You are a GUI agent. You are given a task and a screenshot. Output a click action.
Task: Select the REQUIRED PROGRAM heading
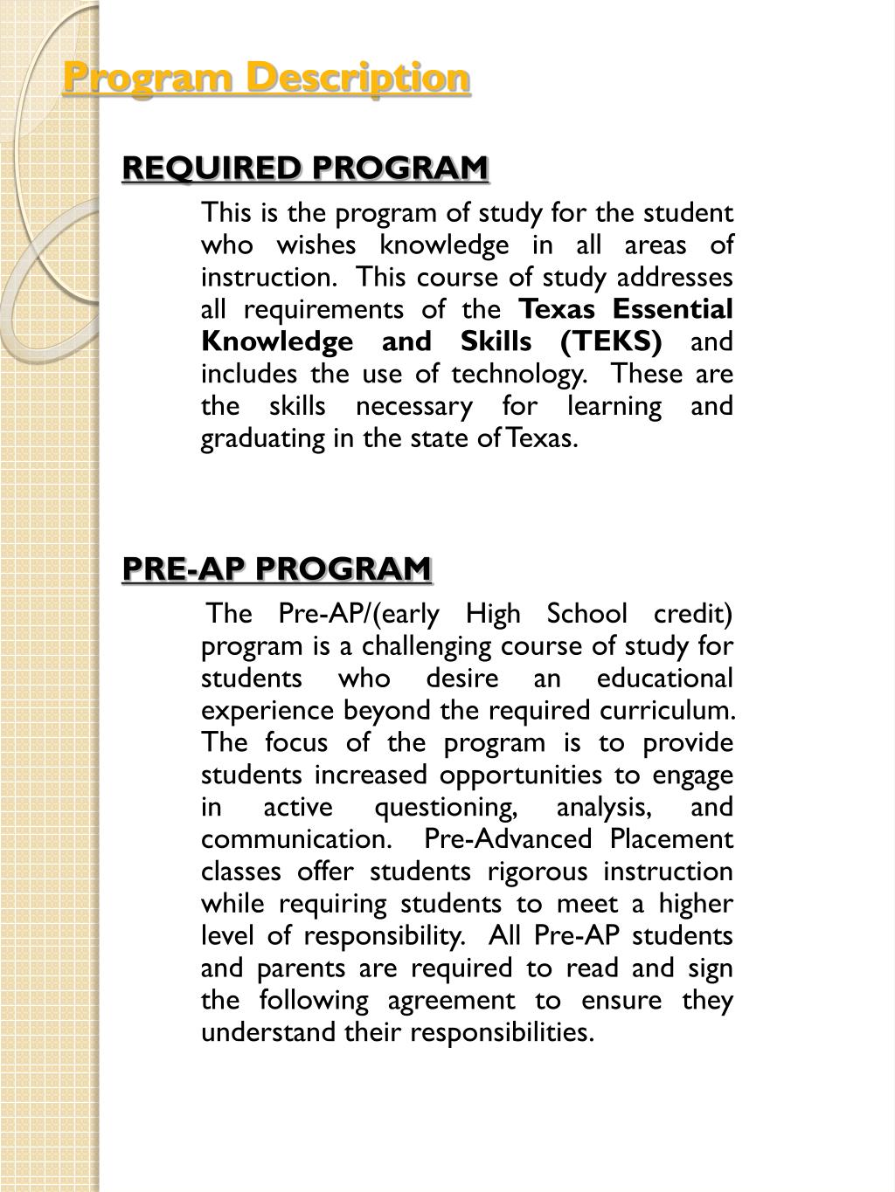(305, 167)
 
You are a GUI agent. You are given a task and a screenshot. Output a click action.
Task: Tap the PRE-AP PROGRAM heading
(276, 568)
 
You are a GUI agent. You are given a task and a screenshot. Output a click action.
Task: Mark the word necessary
(413, 406)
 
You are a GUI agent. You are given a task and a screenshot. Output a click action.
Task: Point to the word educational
(664, 679)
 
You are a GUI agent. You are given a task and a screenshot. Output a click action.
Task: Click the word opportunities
(519, 775)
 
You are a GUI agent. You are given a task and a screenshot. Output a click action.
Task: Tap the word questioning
(446, 808)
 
